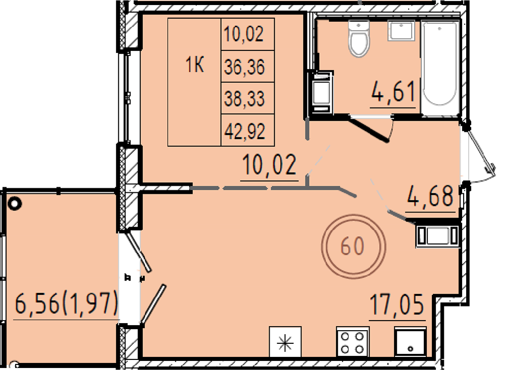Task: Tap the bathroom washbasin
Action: click(401, 31)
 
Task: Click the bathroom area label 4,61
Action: click(392, 91)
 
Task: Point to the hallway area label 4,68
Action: click(430, 196)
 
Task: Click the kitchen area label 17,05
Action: click(397, 304)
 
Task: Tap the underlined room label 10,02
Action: click(269, 165)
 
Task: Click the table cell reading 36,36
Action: click(247, 66)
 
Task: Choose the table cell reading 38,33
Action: click(247, 98)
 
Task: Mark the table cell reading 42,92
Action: click(247, 130)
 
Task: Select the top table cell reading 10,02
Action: click(247, 34)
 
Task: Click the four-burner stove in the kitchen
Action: click(352, 342)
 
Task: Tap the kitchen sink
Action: click(410, 342)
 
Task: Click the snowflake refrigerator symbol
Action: click(285, 342)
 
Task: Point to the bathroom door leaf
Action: click(370, 129)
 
